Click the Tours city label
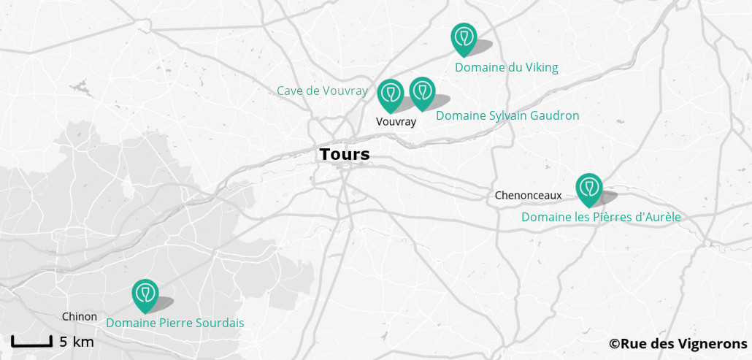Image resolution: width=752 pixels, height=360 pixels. coord(345,155)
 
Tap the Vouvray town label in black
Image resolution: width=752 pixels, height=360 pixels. coord(396,122)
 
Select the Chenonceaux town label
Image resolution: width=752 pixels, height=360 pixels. coord(528,195)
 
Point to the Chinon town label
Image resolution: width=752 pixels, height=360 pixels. coord(80,316)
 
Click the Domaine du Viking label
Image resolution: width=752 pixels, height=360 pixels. coord(506,67)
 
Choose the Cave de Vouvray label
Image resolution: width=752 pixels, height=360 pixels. coord(322,91)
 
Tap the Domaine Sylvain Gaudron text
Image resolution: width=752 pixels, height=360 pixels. coord(507,115)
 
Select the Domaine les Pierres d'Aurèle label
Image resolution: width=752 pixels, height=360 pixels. coord(601,217)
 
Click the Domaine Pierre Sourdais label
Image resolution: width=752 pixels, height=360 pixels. coord(175,323)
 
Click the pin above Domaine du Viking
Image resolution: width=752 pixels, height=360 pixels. coord(464,39)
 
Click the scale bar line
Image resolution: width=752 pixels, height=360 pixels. coord(31,342)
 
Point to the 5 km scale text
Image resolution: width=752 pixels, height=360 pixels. coord(76,342)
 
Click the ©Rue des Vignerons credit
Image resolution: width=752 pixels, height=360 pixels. coord(678,343)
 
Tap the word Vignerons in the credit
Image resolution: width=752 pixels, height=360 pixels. coord(711,343)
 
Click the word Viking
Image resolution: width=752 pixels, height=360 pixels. coord(541,67)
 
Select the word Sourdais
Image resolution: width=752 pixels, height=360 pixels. coord(220,323)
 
